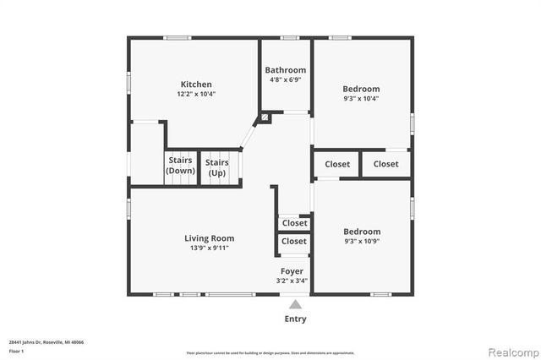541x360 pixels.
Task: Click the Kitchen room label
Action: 195,85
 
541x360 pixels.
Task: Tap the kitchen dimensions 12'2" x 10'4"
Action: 195,95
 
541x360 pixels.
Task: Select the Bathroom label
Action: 285,70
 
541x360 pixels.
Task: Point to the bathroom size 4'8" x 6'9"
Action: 285,79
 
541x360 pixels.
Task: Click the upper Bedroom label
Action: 361,89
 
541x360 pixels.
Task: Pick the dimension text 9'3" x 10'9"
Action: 361,242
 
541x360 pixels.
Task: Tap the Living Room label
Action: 210,238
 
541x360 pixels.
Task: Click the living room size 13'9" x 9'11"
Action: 210,248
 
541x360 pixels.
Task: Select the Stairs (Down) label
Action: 180,166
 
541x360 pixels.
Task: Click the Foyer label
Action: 293,271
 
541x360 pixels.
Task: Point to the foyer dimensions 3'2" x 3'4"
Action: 293,281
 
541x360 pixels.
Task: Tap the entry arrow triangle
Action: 295,304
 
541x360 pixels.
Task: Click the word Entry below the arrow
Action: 295,319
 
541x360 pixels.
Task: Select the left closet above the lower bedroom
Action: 336,164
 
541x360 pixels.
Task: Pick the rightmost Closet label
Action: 385,164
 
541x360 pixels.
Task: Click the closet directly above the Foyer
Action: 294,242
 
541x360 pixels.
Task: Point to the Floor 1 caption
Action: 17,351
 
